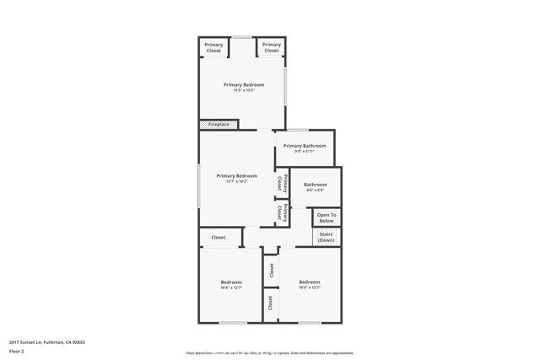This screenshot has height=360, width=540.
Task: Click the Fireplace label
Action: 219,125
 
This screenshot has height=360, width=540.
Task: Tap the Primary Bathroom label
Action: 305,146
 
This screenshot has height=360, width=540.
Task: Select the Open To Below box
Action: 327,218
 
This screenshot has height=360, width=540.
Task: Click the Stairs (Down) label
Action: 326,237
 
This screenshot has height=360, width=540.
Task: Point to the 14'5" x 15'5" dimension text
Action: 244,91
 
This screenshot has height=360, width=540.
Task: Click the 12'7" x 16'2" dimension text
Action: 236,181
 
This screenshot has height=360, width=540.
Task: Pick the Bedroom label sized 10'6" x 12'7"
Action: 231,282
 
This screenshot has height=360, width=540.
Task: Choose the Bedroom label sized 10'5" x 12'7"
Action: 309,282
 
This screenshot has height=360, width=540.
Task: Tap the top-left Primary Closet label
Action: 214,47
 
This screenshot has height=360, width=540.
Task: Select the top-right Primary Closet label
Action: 271,47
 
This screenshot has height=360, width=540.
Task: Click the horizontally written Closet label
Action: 219,238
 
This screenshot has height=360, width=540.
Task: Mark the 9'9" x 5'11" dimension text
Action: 305,152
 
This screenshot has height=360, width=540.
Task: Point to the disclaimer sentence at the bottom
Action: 269,353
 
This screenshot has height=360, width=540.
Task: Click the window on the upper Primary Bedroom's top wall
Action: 242,37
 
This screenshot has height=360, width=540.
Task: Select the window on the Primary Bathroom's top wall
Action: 298,130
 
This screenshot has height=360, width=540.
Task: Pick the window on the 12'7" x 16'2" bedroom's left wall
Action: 199,185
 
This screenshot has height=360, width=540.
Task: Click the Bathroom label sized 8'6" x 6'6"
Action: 316,185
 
